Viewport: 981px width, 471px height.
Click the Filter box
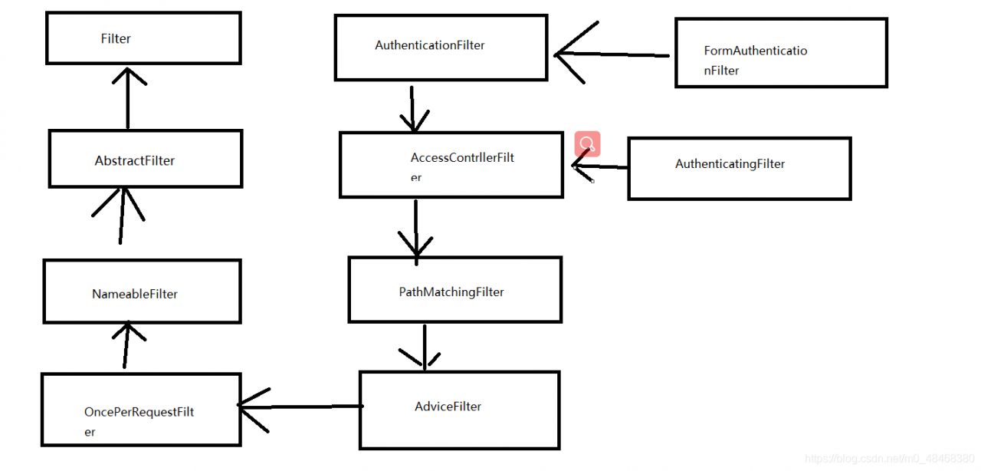pyautogui.click(x=143, y=38)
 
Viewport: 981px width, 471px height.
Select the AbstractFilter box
pyautogui.click(x=145, y=159)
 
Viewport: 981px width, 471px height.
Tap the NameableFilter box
pyautogui.click(x=142, y=291)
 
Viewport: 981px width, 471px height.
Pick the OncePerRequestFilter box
pyautogui.click(x=141, y=410)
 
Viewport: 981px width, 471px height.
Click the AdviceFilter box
pyautogui.click(x=459, y=410)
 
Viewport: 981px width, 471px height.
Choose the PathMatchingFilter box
pyautogui.click(x=454, y=289)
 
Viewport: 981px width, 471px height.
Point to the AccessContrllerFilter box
pyautogui.click(x=451, y=165)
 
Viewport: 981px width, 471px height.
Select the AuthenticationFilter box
pyautogui.click(x=441, y=47)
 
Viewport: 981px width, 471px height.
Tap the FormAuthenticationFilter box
pyautogui.click(x=780, y=53)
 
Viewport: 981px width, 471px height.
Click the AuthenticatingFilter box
pyautogui.click(x=739, y=168)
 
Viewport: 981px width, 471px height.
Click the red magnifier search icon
pyautogui.click(x=587, y=143)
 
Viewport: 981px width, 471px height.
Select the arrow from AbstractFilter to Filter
pyautogui.click(x=127, y=97)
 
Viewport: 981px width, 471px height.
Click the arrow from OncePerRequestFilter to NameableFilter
pyautogui.click(x=125, y=345)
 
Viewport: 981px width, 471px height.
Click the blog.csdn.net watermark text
pyautogui.click(x=889, y=458)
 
